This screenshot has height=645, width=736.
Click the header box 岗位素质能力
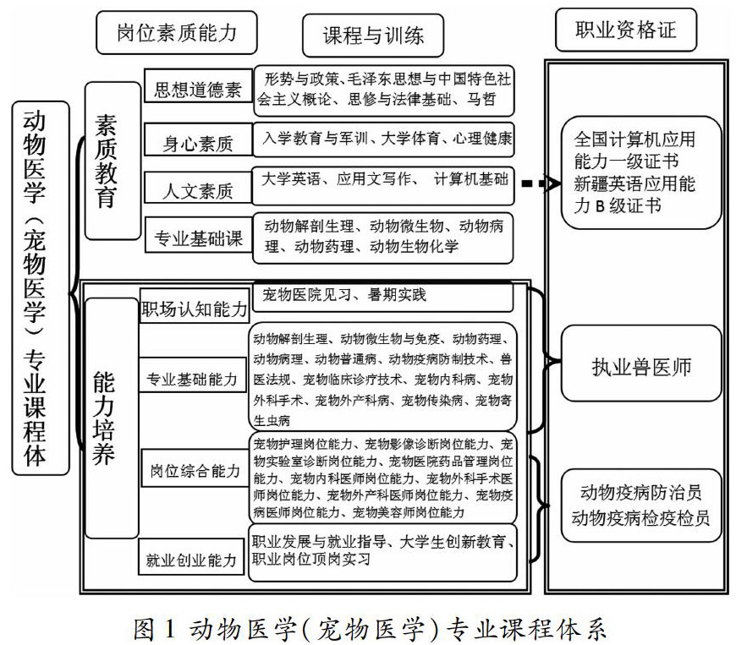pos(176,33)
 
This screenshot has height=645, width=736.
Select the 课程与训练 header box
pos(374,36)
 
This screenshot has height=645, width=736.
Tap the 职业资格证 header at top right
pos(625,32)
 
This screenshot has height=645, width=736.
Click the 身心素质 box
pos(198,142)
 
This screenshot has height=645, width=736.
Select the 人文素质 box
pos(198,190)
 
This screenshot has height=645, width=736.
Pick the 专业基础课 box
pos(198,238)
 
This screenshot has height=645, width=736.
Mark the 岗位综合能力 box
pos(195,470)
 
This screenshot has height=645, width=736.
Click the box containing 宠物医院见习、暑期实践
pos(382,295)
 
